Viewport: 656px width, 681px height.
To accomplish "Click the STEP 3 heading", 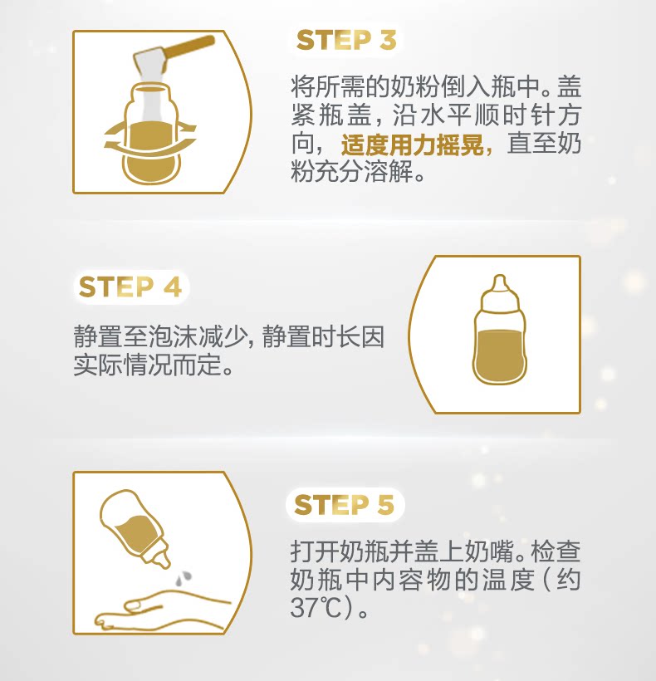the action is pyautogui.click(x=346, y=40).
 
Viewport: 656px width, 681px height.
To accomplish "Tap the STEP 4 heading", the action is pyautogui.click(x=130, y=287).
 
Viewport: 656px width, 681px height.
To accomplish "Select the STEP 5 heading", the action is pyautogui.click(x=345, y=505).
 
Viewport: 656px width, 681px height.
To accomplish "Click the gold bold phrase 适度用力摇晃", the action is pyautogui.click(x=412, y=145).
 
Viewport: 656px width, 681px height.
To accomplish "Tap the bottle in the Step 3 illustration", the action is pyautogui.click(x=150, y=134).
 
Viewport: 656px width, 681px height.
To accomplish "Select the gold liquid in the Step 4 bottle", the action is pyautogui.click(x=499, y=356).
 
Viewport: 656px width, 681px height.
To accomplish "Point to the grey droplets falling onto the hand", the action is pyautogui.click(x=184, y=578).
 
